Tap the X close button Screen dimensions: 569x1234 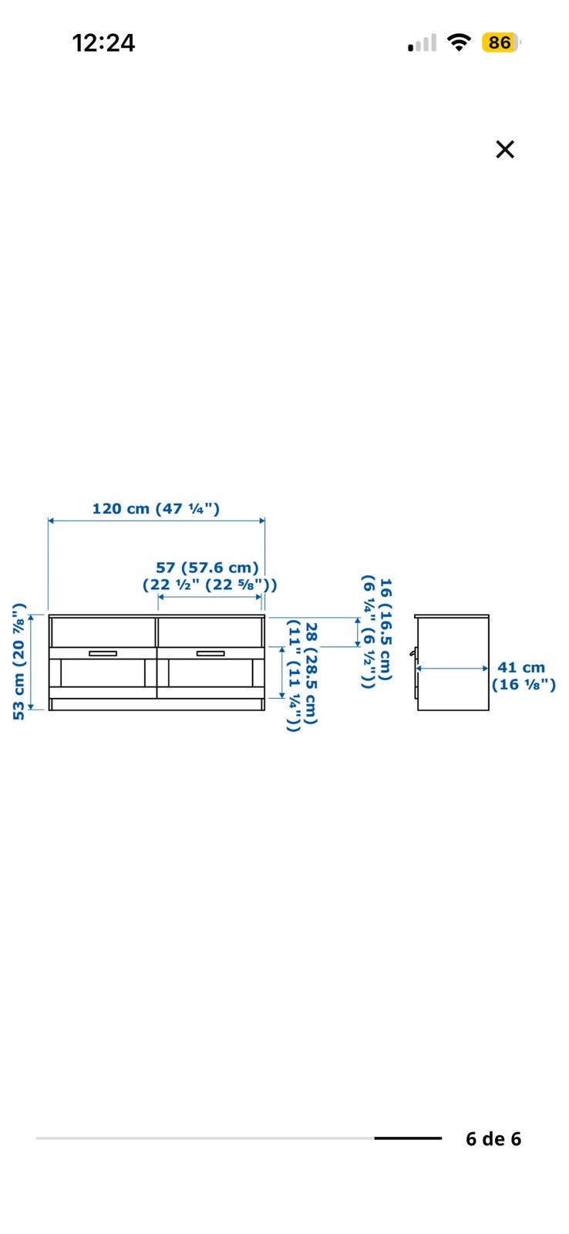tap(504, 150)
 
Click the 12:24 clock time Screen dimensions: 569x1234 tap(103, 43)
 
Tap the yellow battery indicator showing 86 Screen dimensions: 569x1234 tap(500, 42)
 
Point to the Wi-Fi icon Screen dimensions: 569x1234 tap(458, 42)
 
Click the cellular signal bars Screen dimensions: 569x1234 tap(422, 43)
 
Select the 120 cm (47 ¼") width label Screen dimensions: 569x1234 tap(156, 508)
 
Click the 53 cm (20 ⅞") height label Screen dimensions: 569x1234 tap(19, 662)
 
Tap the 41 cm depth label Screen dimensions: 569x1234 tap(521, 667)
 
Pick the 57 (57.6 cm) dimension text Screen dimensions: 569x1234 tap(207, 568)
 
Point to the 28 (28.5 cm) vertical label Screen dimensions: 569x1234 tap(311, 674)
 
